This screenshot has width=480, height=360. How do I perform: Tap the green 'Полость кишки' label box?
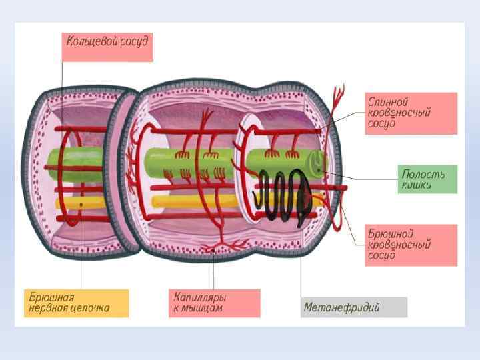click(x=428, y=179)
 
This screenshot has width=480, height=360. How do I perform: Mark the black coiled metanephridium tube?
click(x=283, y=197)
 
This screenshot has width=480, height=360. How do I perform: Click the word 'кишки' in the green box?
click(x=417, y=186)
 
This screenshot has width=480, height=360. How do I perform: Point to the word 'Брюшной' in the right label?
click(x=391, y=233)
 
